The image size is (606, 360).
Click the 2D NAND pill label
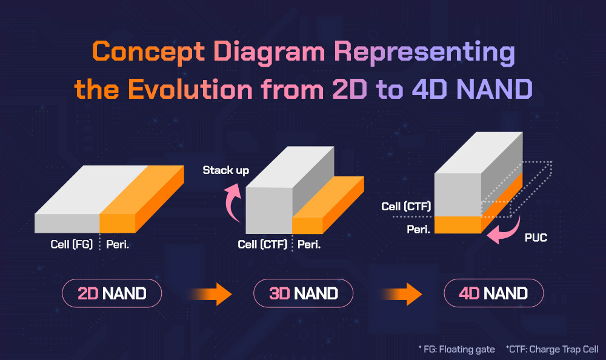coord(112,294)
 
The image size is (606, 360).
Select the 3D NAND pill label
coord(303,294)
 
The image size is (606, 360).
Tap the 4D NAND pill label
coord(493,294)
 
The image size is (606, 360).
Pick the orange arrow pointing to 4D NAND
coord(402,295)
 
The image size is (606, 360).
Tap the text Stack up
coord(225,170)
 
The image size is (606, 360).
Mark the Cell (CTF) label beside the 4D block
coord(406,207)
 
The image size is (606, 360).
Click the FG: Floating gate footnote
coord(456,349)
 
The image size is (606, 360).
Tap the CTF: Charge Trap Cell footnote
coord(548,349)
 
